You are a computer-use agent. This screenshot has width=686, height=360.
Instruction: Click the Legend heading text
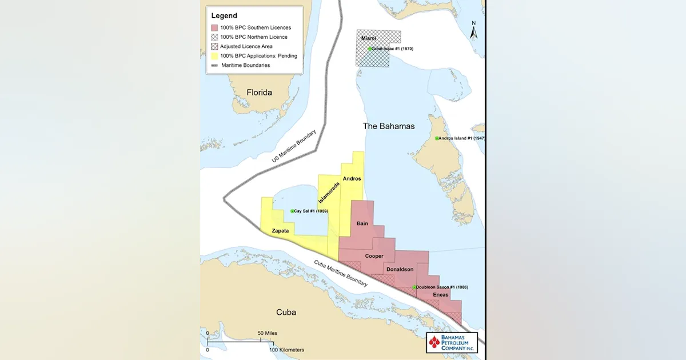(x=224, y=15)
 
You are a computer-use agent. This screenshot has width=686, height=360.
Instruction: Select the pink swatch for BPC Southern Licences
(x=214, y=27)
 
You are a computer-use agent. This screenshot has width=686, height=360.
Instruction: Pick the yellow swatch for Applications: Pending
(x=214, y=56)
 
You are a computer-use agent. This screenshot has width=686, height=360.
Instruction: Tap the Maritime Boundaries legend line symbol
(x=214, y=65)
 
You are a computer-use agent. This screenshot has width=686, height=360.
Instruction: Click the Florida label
(x=259, y=92)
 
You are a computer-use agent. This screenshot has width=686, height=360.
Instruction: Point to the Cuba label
(x=286, y=312)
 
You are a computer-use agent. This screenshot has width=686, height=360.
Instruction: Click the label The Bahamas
(x=389, y=126)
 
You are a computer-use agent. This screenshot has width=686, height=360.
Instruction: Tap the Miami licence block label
(x=368, y=38)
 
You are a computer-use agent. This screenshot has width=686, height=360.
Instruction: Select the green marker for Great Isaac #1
(x=370, y=49)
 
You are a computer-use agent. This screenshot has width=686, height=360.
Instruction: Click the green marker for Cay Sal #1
(x=292, y=211)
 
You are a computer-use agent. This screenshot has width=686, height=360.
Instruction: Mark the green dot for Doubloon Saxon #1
(x=414, y=287)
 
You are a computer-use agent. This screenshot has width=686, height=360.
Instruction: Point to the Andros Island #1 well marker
(x=437, y=138)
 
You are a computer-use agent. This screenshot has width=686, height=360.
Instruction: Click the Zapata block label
(x=280, y=231)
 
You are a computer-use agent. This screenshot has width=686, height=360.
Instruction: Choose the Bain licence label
(x=362, y=223)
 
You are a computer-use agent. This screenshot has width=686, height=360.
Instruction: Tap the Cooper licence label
(x=374, y=256)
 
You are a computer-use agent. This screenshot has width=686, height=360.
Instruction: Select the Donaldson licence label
(x=400, y=269)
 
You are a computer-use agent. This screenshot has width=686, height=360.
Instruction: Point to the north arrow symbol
(x=473, y=31)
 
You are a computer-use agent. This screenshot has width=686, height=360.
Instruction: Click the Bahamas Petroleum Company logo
(x=452, y=343)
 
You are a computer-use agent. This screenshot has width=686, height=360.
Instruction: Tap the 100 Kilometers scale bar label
(x=288, y=350)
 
